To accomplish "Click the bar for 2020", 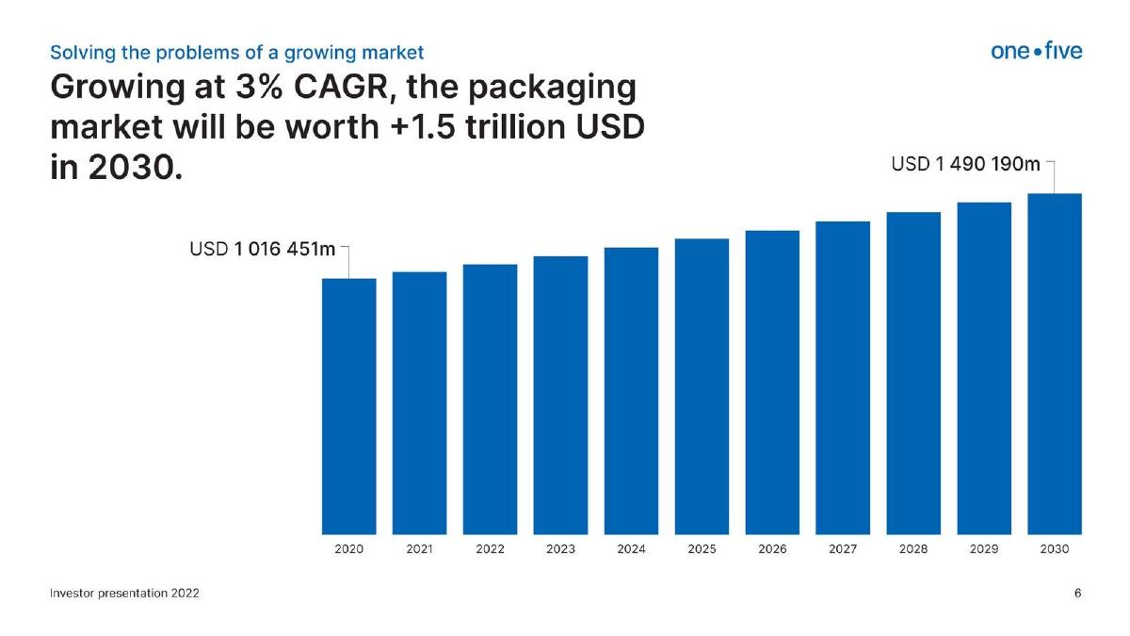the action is pos(349,406).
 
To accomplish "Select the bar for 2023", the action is pos(560,395).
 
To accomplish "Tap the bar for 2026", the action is pos(772,383).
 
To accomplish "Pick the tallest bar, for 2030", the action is pos(1055,364).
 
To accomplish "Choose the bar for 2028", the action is pos(913,373).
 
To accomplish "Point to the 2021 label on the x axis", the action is pos(420,548).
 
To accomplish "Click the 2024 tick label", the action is pos(631,548).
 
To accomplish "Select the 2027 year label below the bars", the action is pos(843,548).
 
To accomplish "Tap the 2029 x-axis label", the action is pos(984,548).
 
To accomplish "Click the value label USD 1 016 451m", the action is pos(263,249).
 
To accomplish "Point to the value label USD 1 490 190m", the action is pos(965,164).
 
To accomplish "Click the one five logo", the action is pos(1037,51).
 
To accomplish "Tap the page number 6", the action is pos(1077,593).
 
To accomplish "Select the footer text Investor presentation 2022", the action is pos(124,593).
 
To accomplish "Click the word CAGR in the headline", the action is pos(342,87).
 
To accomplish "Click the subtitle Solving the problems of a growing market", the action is pos(237,53).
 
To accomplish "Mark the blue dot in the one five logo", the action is pos(1037,52).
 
